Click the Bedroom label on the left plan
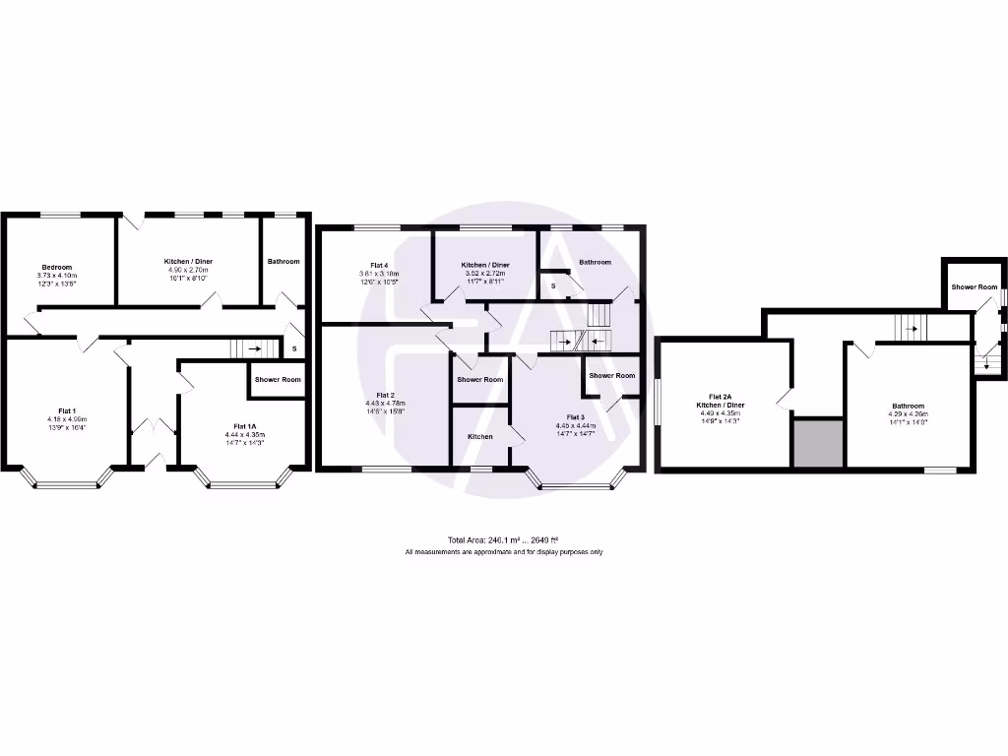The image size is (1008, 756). [56, 267]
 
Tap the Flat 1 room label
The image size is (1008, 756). [67, 411]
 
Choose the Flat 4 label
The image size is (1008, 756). [379, 265]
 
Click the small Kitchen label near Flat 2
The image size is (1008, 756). [480, 436]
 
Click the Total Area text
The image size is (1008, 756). [504, 539]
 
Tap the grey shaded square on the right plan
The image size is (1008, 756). [818, 442]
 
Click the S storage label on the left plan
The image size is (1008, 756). [293, 347]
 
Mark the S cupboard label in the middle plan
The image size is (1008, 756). [553, 285]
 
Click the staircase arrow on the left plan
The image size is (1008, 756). [254, 347]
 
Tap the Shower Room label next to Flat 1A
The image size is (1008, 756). [278, 380]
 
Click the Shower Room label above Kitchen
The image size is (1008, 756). [480, 379]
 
